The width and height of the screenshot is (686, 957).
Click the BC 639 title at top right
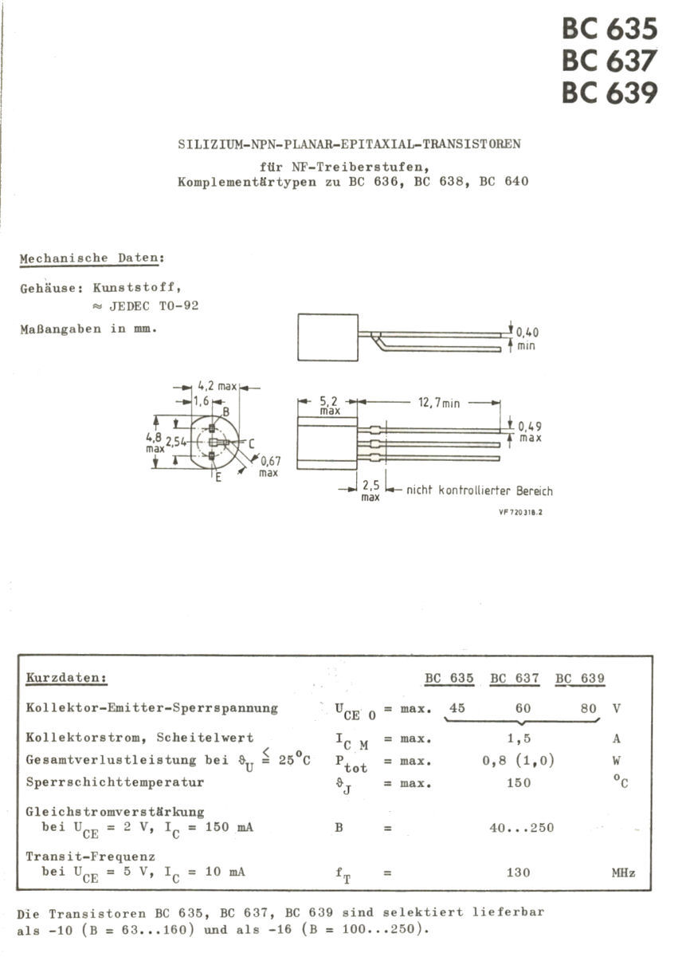coord(610,93)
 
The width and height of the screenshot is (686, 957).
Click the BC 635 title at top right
coord(610,29)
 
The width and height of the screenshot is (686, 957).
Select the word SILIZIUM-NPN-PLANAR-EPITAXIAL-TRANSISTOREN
coord(348,144)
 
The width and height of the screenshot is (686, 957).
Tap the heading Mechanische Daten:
coord(92,258)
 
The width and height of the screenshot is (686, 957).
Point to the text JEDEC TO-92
coord(152,306)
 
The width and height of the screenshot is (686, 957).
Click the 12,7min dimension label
coord(439,404)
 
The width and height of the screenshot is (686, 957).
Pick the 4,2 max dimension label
coord(217,387)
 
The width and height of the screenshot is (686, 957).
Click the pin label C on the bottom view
coord(250,443)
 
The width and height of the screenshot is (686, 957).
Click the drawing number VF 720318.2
coord(520,513)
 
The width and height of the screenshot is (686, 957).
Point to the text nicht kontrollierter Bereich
coord(479,491)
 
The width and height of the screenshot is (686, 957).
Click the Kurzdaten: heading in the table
coord(67,678)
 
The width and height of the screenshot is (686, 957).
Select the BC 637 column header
coord(514,679)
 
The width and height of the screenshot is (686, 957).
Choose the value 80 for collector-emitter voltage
coord(588,707)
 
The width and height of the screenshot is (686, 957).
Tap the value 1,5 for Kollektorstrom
coord(519,738)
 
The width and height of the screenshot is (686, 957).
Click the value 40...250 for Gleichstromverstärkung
coord(521,828)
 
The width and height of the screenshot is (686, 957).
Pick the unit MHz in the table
coord(623,873)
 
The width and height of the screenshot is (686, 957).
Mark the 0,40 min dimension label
coord(527,338)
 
